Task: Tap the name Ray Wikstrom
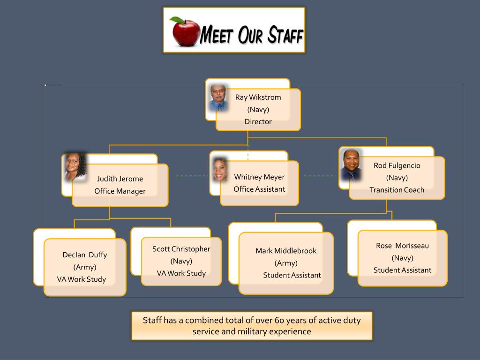pyautogui.click(x=258, y=97)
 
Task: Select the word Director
pyautogui.click(x=258, y=122)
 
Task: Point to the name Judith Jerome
pyautogui.click(x=120, y=179)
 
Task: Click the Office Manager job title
pyautogui.click(x=120, y=191)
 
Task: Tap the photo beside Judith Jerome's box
pyautogui.click(x=75, y=167)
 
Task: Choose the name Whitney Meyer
pyautogui.click(x=259, y=177)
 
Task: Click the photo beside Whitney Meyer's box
pyautogui.click(x=220, y=169)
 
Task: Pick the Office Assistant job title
pyautogui.click(x=259, y=189)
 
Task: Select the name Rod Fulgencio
pyautogui.click(x=397, y=165)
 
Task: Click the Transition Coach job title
pyautogui.click(x=397, y=190)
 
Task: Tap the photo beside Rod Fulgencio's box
pyautogui.click(x=351, y=165)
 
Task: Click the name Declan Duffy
pyautogui.click(x=85, y=255)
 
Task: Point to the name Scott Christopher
pyautogui.click(x=181, y=249)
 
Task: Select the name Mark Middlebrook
pyautogui.click(x=286, y=251)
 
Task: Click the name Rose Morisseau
pyautogui.click(x=402, y=246)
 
